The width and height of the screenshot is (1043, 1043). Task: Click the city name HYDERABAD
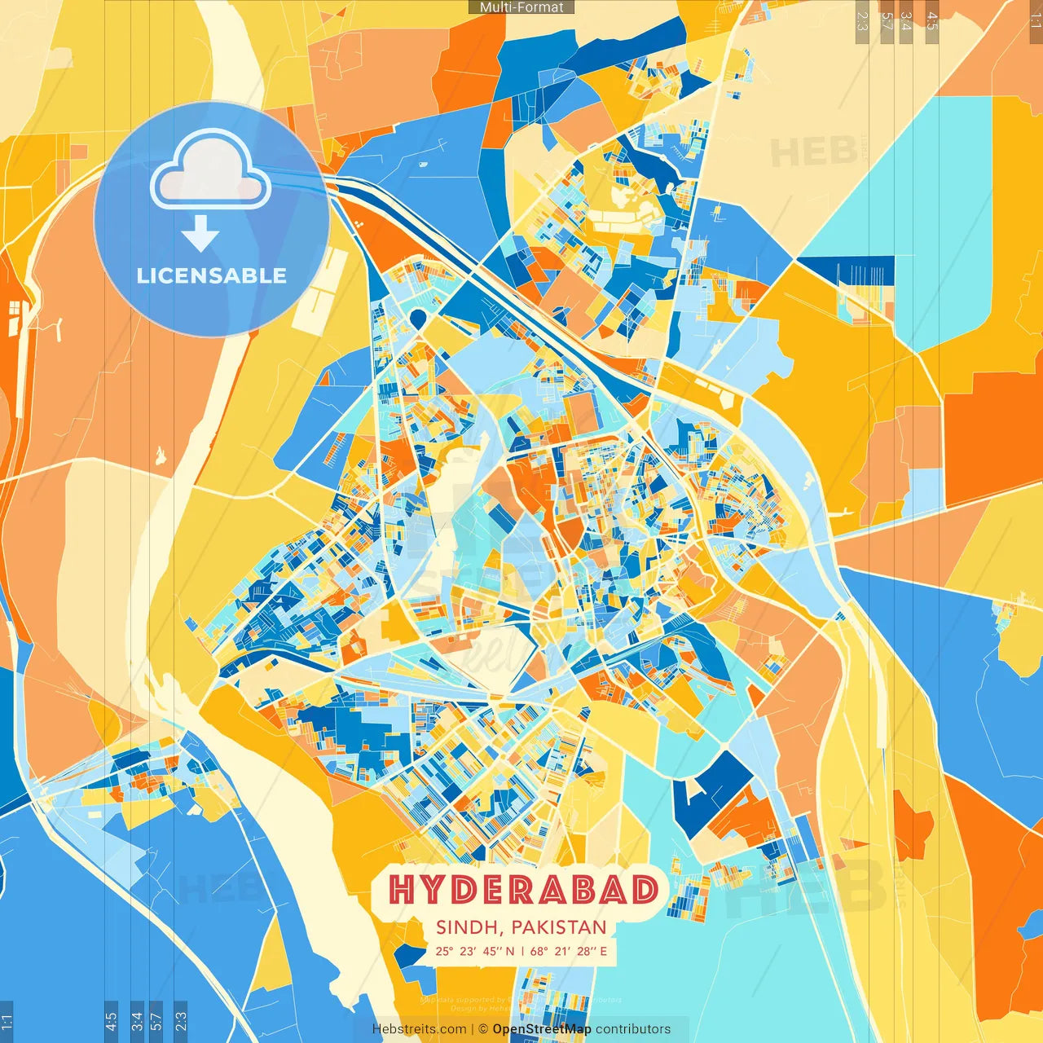point(523,890)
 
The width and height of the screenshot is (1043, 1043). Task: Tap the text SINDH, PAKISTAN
point(521,927)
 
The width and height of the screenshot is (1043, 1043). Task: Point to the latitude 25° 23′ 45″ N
point(474,951)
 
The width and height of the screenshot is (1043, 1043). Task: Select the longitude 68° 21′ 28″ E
point(569,951)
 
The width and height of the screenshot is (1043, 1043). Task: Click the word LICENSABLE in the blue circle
point(212,275)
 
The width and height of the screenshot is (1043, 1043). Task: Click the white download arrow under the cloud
point(200,235)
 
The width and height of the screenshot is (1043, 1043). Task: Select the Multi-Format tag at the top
point(521,7)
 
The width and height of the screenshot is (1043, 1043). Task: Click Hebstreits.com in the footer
point(418,1029)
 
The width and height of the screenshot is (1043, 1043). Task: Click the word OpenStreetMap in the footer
point(541,1029)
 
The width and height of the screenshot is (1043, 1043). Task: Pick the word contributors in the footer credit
point(633,1029)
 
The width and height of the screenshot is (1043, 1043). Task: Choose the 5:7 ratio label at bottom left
point(156,1021)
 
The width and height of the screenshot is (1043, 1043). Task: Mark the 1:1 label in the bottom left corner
point(7,1021)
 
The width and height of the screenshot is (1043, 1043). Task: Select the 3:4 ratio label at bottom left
point(137,1021)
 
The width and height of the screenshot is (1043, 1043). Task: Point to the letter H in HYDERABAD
point(404,890)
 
